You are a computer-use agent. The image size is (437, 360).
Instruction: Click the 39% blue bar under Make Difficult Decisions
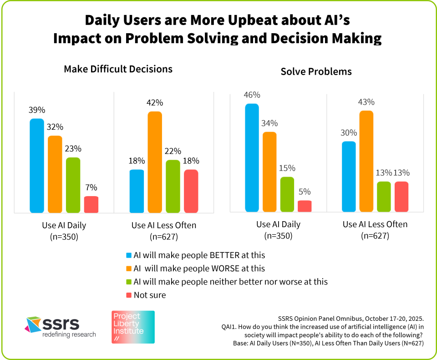click(37, 166)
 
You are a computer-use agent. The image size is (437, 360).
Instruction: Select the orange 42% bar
click(155, 162)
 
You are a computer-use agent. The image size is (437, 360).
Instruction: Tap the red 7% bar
click(91, 204)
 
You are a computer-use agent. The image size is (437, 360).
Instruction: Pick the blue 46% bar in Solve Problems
click(252, 157)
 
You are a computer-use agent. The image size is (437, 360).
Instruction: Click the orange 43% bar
click(366, 161)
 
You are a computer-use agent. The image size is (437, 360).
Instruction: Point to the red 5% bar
click(305, 206)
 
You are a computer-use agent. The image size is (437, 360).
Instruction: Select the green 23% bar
click(73, 185)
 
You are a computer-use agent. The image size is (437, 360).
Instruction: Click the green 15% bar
click(287, 194)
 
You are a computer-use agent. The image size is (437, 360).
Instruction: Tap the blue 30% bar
click(348, 177)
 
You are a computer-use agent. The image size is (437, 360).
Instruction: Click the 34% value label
click(269, 124)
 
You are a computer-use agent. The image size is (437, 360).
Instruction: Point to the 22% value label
click(173, 152)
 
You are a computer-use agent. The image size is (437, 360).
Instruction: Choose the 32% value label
click(55, 127)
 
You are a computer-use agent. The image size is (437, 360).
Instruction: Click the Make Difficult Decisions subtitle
click(118, 69)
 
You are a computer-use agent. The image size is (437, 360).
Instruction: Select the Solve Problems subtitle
click(316, 72)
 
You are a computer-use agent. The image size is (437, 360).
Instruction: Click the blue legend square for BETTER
click(128, 255)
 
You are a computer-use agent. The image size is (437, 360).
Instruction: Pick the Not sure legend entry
click(149, 295)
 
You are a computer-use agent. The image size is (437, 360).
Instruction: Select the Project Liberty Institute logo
click(133, 327)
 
